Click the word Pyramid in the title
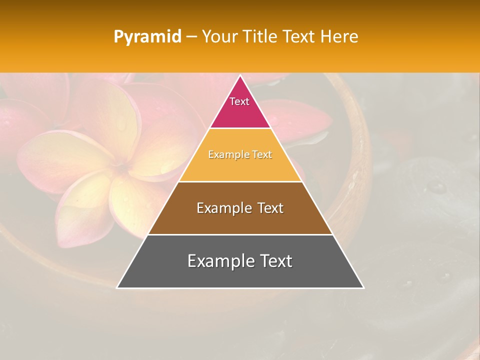[147, 37]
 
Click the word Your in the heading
[219, 37]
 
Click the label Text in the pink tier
[239, 101]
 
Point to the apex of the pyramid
[240, 76]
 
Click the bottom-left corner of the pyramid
[117, 287]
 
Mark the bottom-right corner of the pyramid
[363, 287]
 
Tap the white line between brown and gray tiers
[240, 234]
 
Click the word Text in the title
[298, 37]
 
